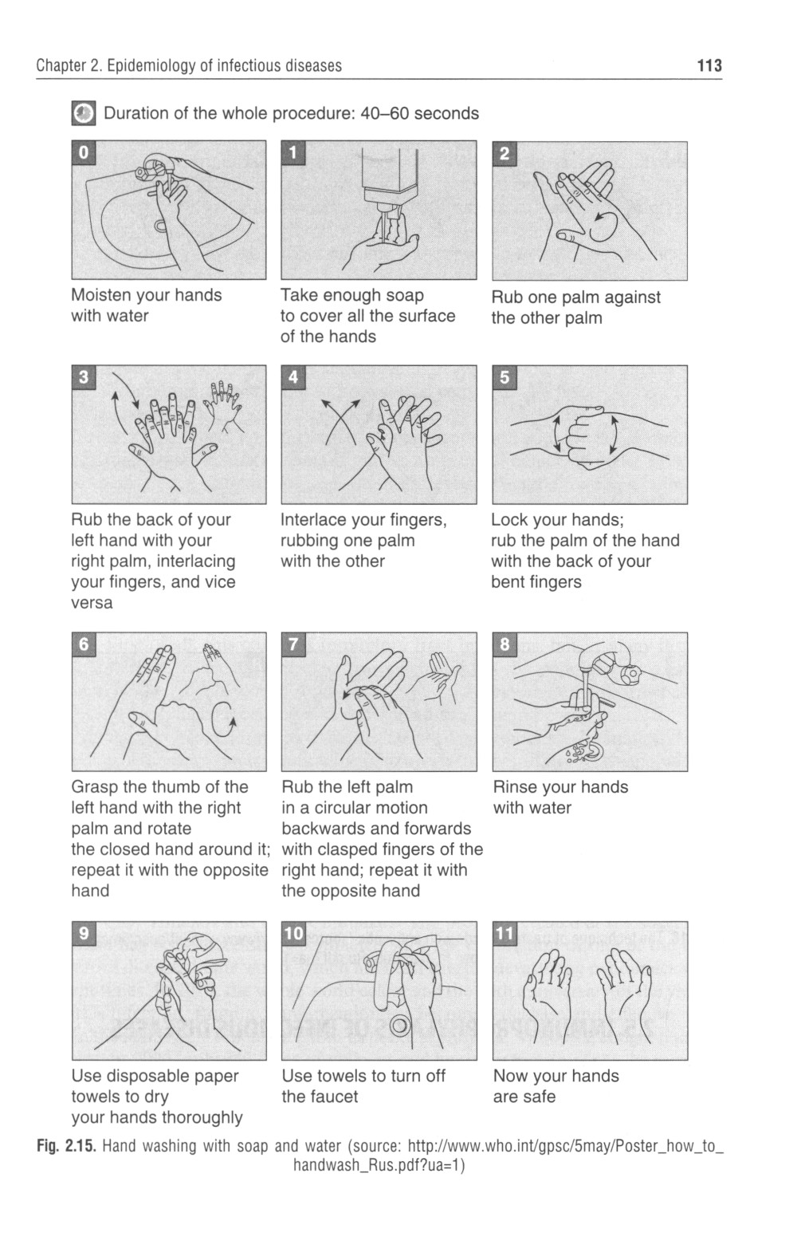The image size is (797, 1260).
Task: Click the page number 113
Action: pos(709,66)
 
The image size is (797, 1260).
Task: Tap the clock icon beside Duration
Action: pos(83,113)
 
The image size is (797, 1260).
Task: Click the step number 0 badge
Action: pos(83,152)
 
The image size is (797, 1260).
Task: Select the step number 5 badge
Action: pos(505,377)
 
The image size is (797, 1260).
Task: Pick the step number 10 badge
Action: pos(294,933)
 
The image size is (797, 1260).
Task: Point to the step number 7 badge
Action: pos(293,644)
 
